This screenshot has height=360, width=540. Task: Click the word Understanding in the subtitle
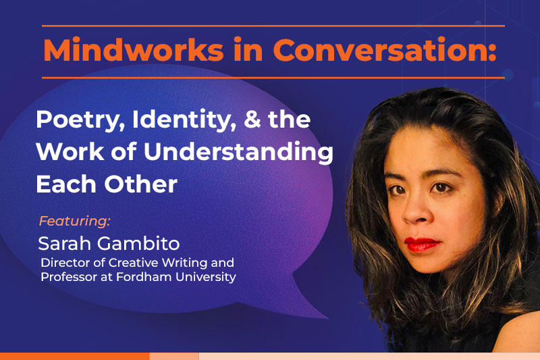point(234,151)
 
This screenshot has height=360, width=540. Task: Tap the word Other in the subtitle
point(140,183)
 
